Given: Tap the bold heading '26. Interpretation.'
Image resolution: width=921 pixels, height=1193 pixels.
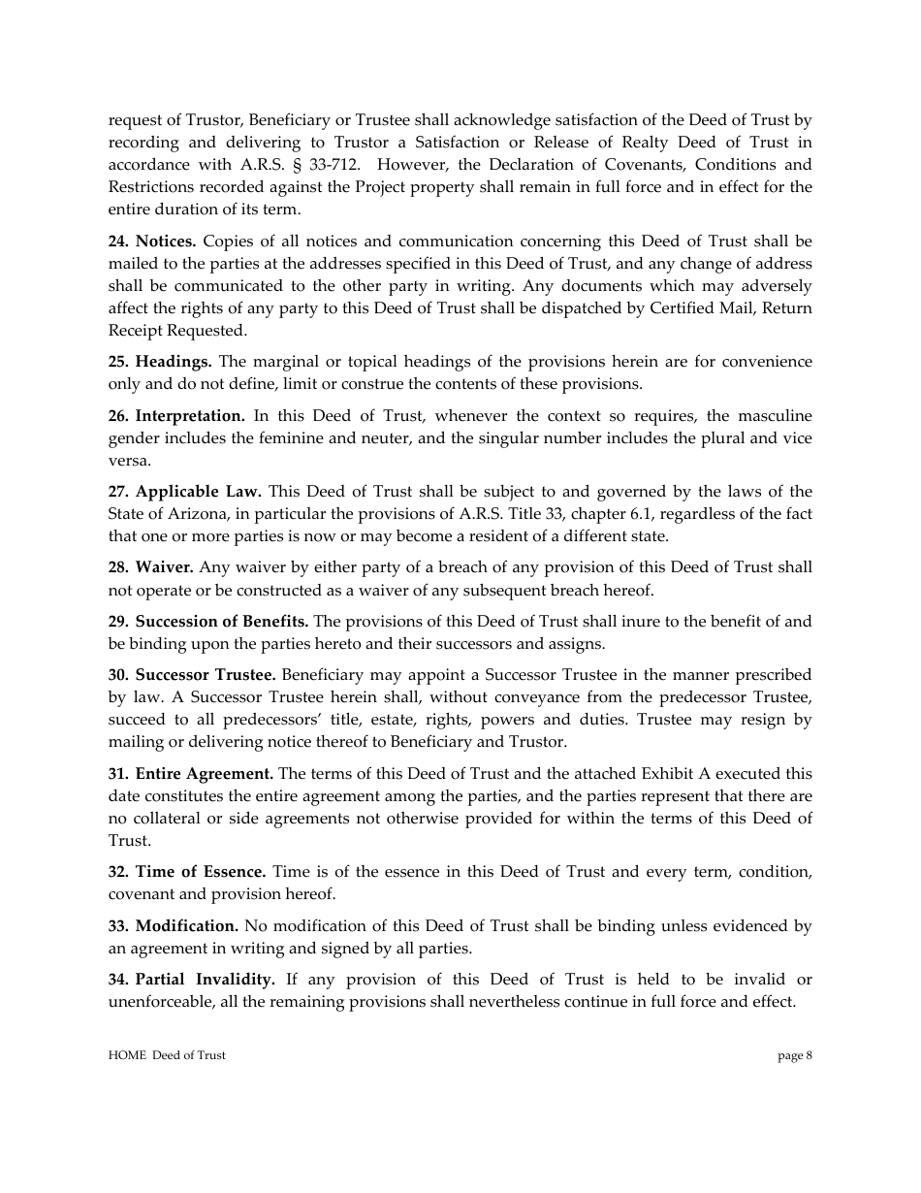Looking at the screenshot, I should click(176, 416).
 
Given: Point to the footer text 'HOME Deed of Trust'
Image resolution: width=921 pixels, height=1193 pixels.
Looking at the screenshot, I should click(167, 1056).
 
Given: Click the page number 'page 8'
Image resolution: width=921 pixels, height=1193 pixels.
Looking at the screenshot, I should click(795, 1056).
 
